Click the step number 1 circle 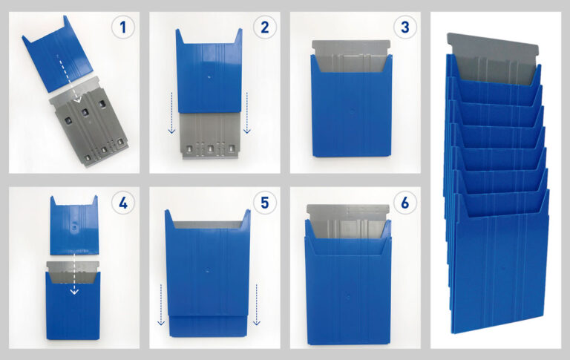click(x=123, y=27)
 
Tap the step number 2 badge click(x=264, y=27)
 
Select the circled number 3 click(x=404, y=27)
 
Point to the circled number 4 click(x=123, y=203)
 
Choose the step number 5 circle click(x=264, y=203)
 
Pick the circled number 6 click(x=404, y=203)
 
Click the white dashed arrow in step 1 click(x=68, y=78)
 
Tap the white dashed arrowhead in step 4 click(x=74, y=291)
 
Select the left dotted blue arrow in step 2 click(x=172, y=113)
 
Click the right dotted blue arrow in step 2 click(x=247, y=113)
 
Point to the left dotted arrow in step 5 click(x=161, y=305)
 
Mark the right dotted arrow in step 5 click(x=257, y=305)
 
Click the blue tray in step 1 click(x=57, y=58)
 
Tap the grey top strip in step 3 click(x=351, y=45)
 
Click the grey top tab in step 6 click(x=348, y=209)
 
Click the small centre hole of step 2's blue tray click(x=209, y=77)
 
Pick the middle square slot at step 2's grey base click(x=210, y=149)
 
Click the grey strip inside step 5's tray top click(x=208, y=225)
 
